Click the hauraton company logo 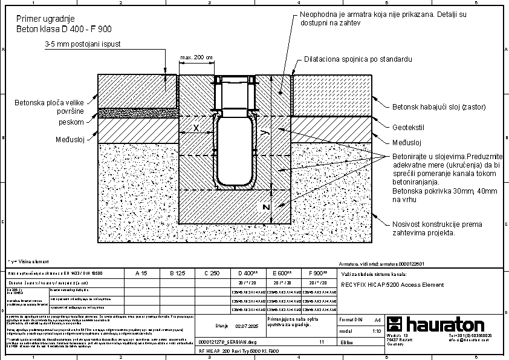pyautogui.click(x=435, y=324)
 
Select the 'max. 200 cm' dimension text pyautogui.click(x=197, y=57)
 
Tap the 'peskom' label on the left pyautogui.click(x=71, y=122)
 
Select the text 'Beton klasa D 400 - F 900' pyautogui.click(x=63, y=28)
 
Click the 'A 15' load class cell pyautogui.click(x=141, y=273)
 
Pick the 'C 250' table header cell pyautogui.click(x=212, y=273)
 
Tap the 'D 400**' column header pyautogui.click(x=248, y=273)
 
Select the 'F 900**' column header pyautogui.click(x=317, y=273)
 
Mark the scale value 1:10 pyautogui.click(x=377, y=332)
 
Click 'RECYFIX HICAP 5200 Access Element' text pyautogui.click(x=392, y=284)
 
